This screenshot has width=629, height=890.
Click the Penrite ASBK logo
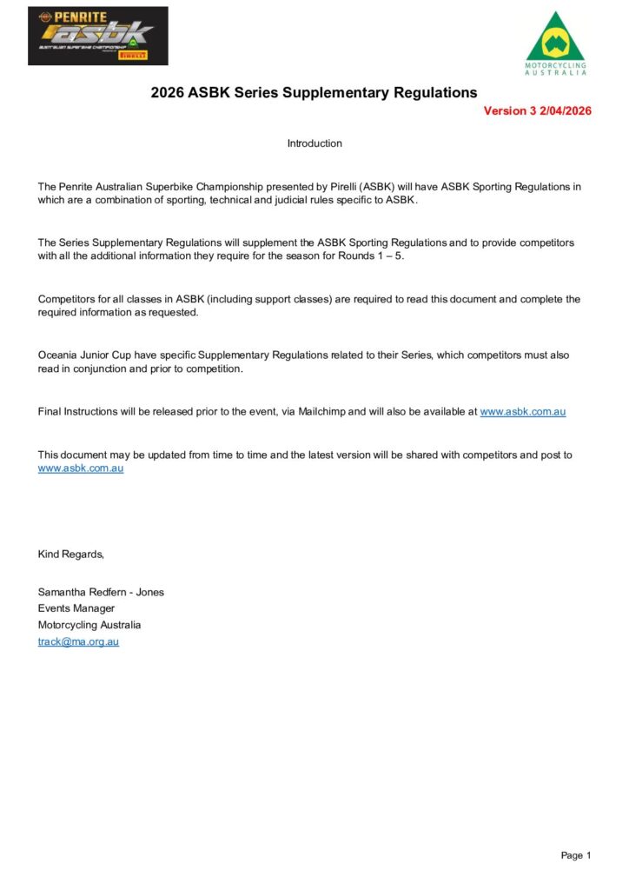pyautogui.click(x=97, y=36)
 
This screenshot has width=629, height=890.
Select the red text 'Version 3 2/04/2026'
pyautogui.click(x=537, y=111)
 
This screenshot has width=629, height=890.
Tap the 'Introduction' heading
pyautogui.click(x=314, y=143)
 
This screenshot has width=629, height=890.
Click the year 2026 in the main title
pyautogui.click(x=168, y=92)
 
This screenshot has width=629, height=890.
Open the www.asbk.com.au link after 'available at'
pyautogui.click(x=522, y=412)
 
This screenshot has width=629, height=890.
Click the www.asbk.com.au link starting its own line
pyautogui.click(x=81, y=468)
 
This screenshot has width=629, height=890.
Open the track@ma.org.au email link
pyautogui.click(x=78, y=642)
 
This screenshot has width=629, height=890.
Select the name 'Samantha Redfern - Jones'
pyautogui.click(x=101, y=593)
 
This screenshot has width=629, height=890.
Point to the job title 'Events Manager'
pyautogui.click(x=76, y=608)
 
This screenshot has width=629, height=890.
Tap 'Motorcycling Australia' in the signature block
pyautogui.click(x=89, y=625)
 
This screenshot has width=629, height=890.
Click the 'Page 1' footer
pyautogui.click(x=575, y=856)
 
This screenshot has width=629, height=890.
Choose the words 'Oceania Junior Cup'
pyautogui.click(x=83, y=355)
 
